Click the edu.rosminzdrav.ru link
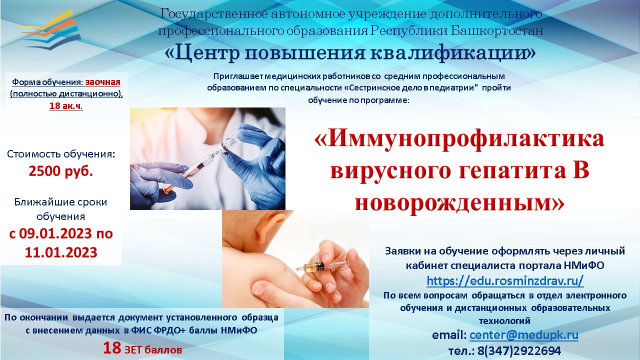click(x=505, y=281)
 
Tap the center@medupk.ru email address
click(x=524, y=335)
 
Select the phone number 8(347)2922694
click(x=519, y=351)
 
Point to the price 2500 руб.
click(x=61, y=171)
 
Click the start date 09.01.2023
click(x=55, y=233)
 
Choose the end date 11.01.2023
click(x=61, y=252)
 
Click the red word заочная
click(x=103, y=82)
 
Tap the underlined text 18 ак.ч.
click(x=66, y=106)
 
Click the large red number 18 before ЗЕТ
click(x=112, y=348)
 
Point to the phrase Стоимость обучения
click(x=61, y=154)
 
